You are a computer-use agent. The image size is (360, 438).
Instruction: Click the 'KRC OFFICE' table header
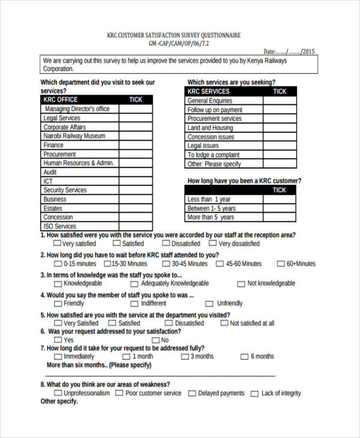61,100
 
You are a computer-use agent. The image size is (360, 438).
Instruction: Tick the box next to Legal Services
135,118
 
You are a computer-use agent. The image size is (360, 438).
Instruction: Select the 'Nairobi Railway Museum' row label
74,136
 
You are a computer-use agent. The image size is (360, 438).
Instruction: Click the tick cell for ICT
135,181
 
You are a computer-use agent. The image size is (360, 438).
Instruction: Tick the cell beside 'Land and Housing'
280,128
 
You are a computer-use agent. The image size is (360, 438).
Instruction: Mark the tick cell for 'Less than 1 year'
280,199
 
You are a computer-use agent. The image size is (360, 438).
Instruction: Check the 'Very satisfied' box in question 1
57,244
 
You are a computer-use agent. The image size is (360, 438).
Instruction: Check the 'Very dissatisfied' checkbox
212,244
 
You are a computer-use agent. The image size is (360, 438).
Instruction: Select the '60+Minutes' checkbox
281,263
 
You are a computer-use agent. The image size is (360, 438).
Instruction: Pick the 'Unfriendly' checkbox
209,304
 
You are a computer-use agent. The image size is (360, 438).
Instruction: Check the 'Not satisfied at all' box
225,323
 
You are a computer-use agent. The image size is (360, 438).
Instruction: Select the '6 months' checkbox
244,356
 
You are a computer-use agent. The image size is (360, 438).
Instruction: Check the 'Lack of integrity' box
254,394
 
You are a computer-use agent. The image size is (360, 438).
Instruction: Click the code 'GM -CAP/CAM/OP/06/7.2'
179,44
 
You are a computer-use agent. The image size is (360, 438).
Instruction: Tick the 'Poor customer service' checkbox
119,394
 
